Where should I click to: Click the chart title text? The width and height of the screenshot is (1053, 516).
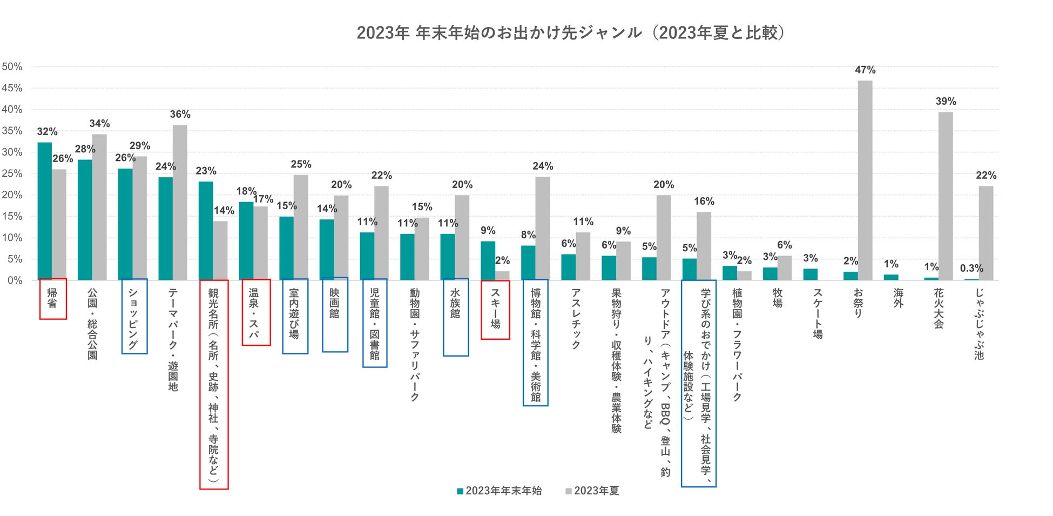pyautogui.click(x=570, y=33)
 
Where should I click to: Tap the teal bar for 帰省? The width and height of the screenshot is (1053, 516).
pyautogui.click(x=45, y=211)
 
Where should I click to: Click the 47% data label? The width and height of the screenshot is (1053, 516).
pyautogui.click(x=865, y=70)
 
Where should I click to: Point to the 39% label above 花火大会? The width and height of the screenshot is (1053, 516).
pyautogui.click(x=946, y=102)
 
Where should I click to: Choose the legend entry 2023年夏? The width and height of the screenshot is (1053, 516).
pyautogui.click(x=592, y=491)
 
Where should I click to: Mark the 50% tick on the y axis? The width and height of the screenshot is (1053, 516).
pyautogui.click(x=12, y=67)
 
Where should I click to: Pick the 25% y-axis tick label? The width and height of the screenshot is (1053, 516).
pyautogui.click(x=12, y=174)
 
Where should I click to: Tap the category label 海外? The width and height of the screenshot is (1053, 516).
pyautogui.click(x=898, y=298)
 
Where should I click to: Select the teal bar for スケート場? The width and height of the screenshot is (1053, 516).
pyautogui.click(x=810, y=274)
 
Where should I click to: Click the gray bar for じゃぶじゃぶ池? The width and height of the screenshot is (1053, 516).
pyautogui.click(x=986, y=233)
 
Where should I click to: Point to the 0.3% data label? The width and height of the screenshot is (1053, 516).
pyautogui.click(x=971, y=269)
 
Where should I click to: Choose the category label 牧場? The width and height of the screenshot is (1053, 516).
pyautogui.click(x=778, y=298)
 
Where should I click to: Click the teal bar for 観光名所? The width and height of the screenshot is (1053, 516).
pyautogui.click(x=206, y=231)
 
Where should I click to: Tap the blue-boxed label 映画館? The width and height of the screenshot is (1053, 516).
pyautogui.click(x=335, y=304)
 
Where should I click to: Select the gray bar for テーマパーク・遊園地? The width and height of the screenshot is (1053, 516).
pyautogui.click(x=180, y=203)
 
